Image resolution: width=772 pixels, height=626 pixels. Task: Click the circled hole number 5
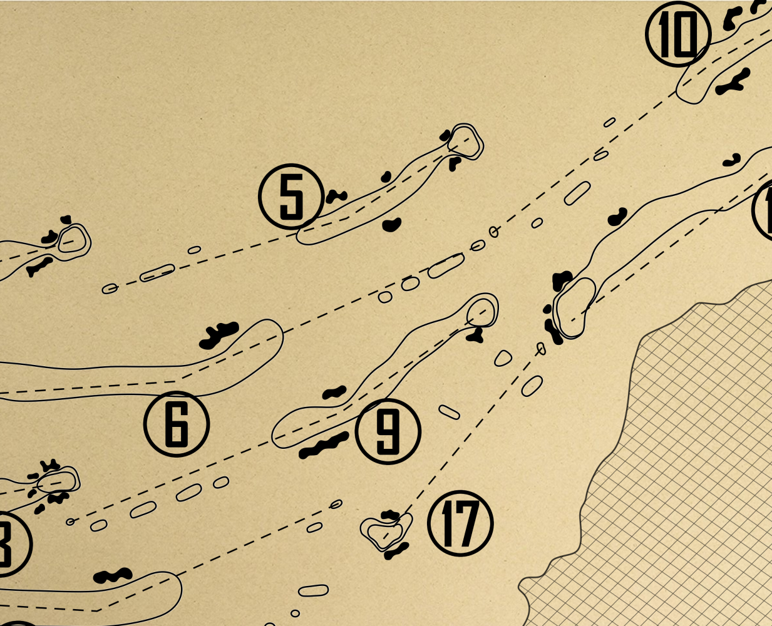tap(291, 197)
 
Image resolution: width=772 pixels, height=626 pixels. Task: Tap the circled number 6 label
tap(177, 424)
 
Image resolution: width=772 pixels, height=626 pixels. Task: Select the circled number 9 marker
tap(388, 431)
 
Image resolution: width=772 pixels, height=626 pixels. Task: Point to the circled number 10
tap(678, 34)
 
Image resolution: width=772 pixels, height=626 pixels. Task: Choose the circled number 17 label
tap(460, 523)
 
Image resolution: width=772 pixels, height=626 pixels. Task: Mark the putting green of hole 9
tap(483, 310)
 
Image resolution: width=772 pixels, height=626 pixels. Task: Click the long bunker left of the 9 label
tap(324, 445)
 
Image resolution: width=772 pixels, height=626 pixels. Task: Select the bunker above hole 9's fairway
tap(334, 393)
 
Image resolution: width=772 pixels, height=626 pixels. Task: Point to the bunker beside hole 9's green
tap(475, 336)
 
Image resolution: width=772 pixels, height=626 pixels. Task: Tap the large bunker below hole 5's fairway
tap(392, 225)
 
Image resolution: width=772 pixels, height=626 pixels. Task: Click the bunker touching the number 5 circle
tap(336, 196)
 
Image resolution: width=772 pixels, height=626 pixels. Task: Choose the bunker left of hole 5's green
tap(446, 135)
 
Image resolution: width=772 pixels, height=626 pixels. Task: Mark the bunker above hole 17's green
tap(390, 515)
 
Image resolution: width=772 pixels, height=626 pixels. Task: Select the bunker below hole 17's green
tap(396, 551)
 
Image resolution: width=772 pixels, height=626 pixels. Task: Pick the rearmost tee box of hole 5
tap(110, 289)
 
